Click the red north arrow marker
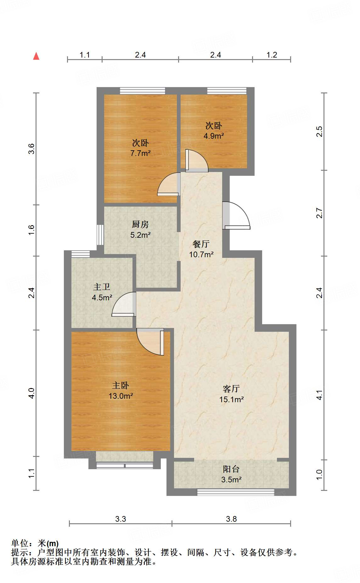pos(36,56)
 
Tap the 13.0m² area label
pos(121,396)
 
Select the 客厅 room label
pos(231,389)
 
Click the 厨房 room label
pos(140,224)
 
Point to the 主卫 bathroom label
pos(102,287)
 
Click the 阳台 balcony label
pos(231,469)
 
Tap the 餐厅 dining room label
pos(201,244)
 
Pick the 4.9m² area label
pos(213,136)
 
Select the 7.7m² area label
pos(140,153)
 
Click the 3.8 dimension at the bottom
pos(231,519)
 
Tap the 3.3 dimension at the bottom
pos(121,519)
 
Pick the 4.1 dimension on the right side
pos(319,395)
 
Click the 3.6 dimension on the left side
pos(31,148)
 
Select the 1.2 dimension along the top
pos(272,55)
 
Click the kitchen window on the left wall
pos(100,235)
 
